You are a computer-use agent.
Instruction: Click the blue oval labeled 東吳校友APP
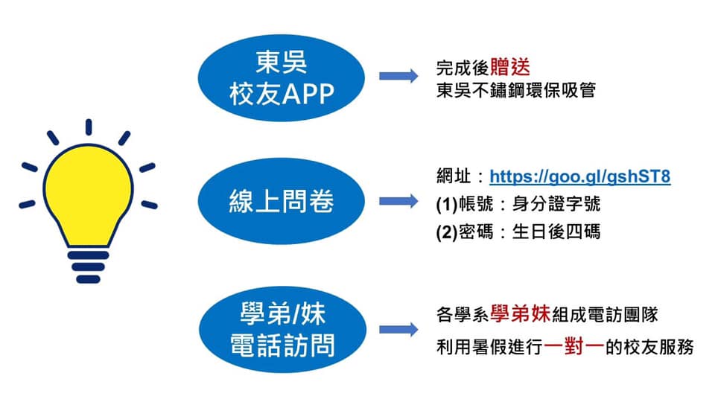pyautogui.click(x=282, y=78)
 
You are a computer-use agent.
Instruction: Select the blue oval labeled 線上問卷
pyautogui.click(x=282, y=201)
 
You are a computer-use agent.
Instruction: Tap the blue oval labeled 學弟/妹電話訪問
pyautogui.click(x=283, y=330)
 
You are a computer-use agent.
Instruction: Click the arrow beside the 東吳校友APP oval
pyautogui.click(x=398, y=76)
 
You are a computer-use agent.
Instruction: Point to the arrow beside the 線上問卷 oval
pyautogui.click(x=398, y=201)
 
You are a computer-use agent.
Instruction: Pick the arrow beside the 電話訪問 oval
pyautogui.click(x=398, y=330)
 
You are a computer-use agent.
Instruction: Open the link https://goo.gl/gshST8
pyautogui.click(x=580, y=177)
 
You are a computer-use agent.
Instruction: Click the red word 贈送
pyautogui.click(x=510, y=68)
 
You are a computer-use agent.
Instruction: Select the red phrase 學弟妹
pyautogui.click(x=521, y=314)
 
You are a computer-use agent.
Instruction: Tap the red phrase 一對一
pyautogui.click(x=574, y=346)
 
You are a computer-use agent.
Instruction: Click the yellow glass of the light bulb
pyautogui.click(x=89, y=196)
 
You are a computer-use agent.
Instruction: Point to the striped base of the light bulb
pyautogui.click(x=89, y=267)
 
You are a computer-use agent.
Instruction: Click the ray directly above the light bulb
pyautogui.click(x=89, y=127)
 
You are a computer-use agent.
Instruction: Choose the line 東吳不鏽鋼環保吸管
pyautogui.click(x=515, y=90)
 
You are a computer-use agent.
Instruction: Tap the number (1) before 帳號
pyautogui.click(x=447, y=205)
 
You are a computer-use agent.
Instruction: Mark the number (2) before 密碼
pyautogui.click(x=447, y=232)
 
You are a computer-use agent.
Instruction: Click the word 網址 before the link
pyautogui.click(x=454, y=176)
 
